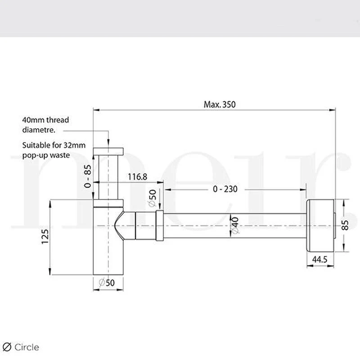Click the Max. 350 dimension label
pyautogui.click(x=220, y=104)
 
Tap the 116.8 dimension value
pyautogui.click(x=137, y=177)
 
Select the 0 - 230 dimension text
pyautogui.click(x=225, y=189)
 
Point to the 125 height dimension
pyautogui.click(x=45, y=237)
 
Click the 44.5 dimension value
pyautogui.click(x=320, y=260)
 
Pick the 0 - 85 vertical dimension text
pyautogui.click(x=88, y=176)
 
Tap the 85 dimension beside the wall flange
pyautogui.click(x=345, y=225)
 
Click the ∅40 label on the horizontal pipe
pyautogui.click(x=235, y=225)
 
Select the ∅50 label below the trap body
pyautogui.click(x=107, y=283)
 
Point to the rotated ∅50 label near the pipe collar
pyautogui.click(x=152, y=198)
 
